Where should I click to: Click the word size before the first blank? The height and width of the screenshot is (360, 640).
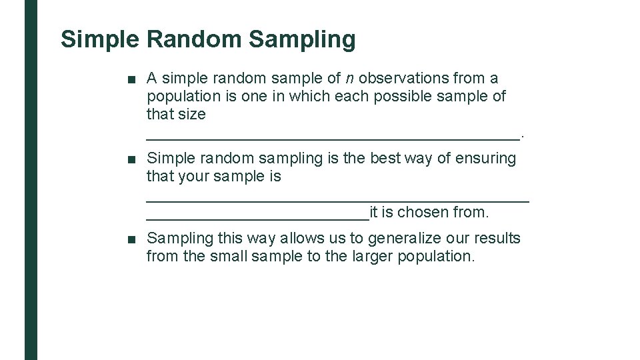coord(192,115)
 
